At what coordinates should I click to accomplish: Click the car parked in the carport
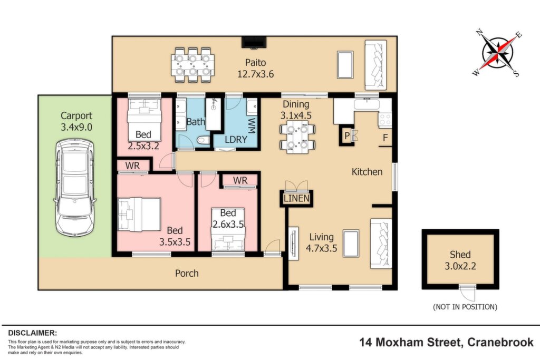(75, 187)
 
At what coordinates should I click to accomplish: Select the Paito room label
(256, 63)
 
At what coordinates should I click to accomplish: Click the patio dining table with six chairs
(193, 65)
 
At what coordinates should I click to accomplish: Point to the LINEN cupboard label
(296, 198)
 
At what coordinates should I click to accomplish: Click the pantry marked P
(347, 136)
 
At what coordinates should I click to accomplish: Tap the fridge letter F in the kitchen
(385, 138)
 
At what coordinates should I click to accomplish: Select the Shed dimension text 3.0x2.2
(460, 266)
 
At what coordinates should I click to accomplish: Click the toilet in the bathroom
(204, 140)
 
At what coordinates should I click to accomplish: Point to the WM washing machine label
(252, 125)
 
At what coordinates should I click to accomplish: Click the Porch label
(187, 273)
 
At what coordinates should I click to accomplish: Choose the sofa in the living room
(381, 244)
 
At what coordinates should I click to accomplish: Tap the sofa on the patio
(375, 65)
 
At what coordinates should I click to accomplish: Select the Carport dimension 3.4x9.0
(76, 127)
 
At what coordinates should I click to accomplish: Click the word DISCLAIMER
(32, 333)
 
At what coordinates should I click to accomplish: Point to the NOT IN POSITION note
(465, 307)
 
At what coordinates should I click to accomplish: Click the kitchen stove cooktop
(385, 120)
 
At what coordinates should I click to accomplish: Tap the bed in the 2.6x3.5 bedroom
(228, 229)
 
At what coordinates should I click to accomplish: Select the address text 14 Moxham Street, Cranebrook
(447, 343)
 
